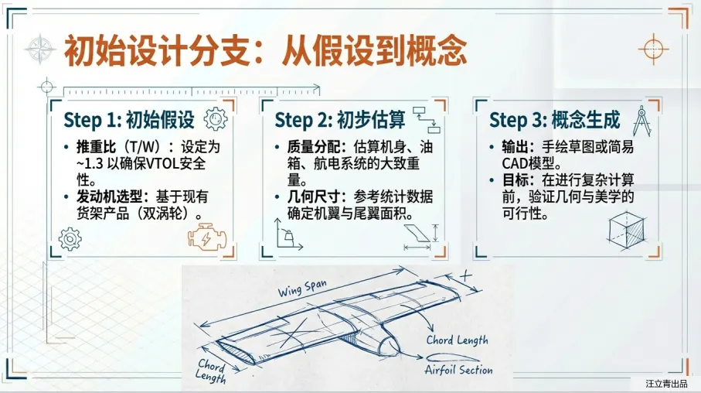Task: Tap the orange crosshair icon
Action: (x=653, y=48)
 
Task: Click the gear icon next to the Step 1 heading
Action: (x=215, y=119)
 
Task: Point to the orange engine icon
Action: (x=204, y=237)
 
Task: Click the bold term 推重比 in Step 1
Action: (x=94, y=146)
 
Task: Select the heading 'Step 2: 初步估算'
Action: (x=340, y=120)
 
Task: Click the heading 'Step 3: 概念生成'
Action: (x=555, y=120)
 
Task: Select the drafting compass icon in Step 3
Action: (x=641, y=120)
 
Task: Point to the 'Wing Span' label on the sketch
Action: (x=302, y=289)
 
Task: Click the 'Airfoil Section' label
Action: (x=458, y=370)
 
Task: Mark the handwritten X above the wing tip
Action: (x=465, y=275)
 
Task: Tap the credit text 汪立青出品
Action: (x=666, y=383)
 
